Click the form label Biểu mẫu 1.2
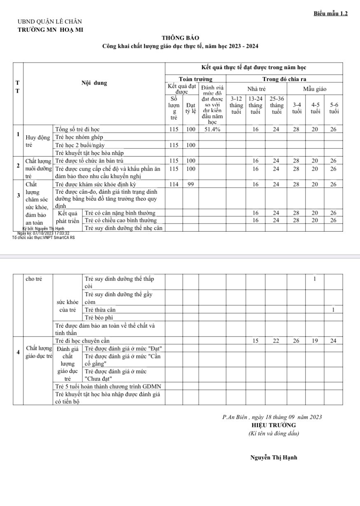(331, 14)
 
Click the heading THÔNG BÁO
(180, 38)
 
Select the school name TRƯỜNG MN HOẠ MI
(50, 29)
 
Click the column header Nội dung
(94, 83)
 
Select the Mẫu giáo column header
(315, 89)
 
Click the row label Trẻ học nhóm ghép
(79, 137)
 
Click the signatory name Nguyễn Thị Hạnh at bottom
(274, 458)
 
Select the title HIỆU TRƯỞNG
(274, 425)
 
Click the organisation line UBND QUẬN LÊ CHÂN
(50, 21)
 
